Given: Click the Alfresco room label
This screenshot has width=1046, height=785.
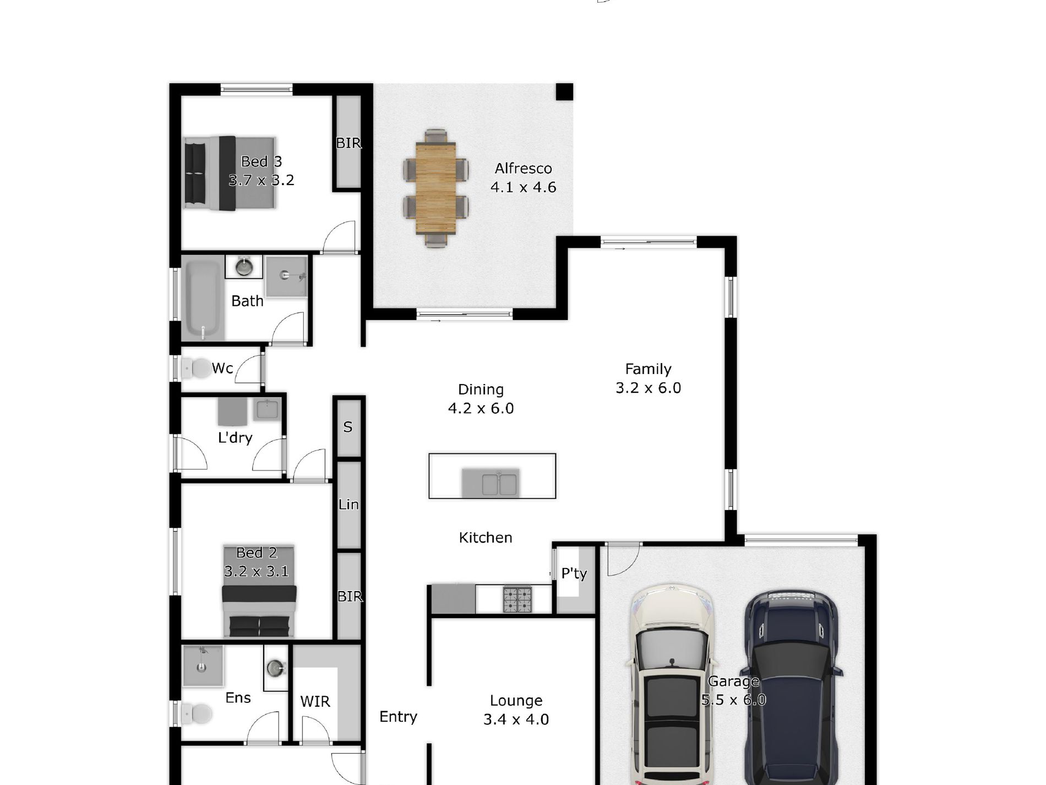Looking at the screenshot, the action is coord(523,169).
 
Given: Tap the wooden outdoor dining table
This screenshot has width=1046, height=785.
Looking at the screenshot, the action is coord(435,188).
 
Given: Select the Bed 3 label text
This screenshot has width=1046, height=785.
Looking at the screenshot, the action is coord(261,161).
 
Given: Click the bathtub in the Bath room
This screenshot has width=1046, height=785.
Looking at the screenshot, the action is coord(203,300).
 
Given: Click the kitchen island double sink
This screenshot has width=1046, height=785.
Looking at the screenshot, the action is coord(499,484).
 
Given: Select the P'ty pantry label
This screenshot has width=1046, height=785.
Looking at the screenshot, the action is coord(574,573).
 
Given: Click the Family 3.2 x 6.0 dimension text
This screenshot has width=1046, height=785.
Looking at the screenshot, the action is coord(648,388).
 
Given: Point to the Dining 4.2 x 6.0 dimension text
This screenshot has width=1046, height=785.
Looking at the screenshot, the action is coord(481,408).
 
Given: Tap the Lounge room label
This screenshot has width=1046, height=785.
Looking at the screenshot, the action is coord(516,701).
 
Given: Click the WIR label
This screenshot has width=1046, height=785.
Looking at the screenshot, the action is coord(315,702).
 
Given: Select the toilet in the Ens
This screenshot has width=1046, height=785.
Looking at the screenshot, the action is coord(197,714).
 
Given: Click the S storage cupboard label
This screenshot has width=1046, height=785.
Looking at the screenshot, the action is coord(347,427).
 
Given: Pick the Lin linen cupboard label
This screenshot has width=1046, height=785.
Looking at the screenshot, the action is coord(348,504).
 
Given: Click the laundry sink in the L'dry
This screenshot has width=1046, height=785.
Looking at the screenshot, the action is coord(267,409).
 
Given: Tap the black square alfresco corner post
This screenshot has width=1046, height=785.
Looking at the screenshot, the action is coord(564,92).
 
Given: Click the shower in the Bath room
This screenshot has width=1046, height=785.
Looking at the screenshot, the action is coord(286,276).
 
